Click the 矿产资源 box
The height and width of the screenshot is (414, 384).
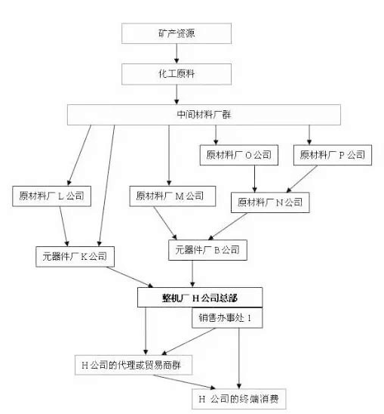(177, 33)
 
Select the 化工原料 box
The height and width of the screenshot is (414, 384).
(177, 74)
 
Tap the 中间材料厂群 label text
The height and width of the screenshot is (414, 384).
(204, 115)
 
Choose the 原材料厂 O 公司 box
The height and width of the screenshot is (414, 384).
(239, 155)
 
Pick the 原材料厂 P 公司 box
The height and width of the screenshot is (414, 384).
(333, 155)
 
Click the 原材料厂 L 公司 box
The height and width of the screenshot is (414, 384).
(52, 196)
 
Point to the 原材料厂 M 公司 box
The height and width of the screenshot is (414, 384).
(173, 196)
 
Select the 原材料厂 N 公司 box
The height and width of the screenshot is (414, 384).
(270, 202)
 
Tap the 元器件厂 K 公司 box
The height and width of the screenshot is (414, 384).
(75, 257)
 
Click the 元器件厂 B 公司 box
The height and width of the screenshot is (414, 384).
(207, 250)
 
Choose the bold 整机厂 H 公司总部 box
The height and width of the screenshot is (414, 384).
(200, 298)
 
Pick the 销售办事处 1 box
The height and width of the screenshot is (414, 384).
(227, 318)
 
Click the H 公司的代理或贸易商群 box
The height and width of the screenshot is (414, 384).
(134, 365)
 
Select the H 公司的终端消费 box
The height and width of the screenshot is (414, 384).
(239, 399)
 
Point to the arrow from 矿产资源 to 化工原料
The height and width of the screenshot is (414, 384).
(177, 54)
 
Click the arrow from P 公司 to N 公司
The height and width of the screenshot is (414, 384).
(302, 179)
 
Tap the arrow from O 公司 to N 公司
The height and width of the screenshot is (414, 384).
(254, 179)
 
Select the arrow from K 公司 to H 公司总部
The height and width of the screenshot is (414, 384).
(130, 277)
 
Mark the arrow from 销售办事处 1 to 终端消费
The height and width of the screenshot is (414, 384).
(239, 358)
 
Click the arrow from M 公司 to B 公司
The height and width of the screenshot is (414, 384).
(165, 223)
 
